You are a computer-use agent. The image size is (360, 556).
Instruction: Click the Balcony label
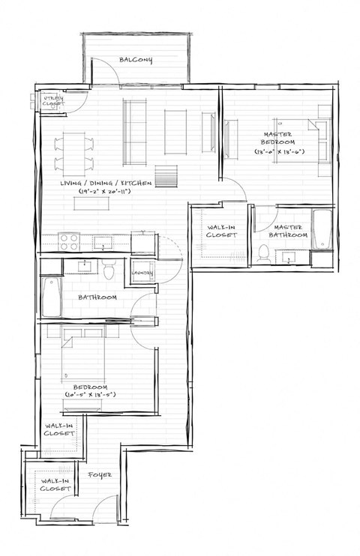[x=136, y=60]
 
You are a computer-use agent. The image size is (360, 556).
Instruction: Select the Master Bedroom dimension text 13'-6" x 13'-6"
[x=278, y=152]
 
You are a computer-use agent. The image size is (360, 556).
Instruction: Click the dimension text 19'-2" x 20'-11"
[x=106, y=193]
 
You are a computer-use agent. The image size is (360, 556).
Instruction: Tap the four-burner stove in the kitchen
[x=70, y=241]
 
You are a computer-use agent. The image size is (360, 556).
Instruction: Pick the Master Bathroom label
[x=288, y=231]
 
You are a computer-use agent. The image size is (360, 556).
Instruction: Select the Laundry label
[x=142, y=273]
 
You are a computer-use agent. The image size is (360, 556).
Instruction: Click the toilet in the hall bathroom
[x=109, y=269]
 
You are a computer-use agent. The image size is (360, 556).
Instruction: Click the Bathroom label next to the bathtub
[x=97, y=297]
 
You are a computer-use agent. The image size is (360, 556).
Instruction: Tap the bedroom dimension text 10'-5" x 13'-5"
[x=88, y=394]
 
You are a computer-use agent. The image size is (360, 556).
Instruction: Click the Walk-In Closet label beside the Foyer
[x=56, y=483]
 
